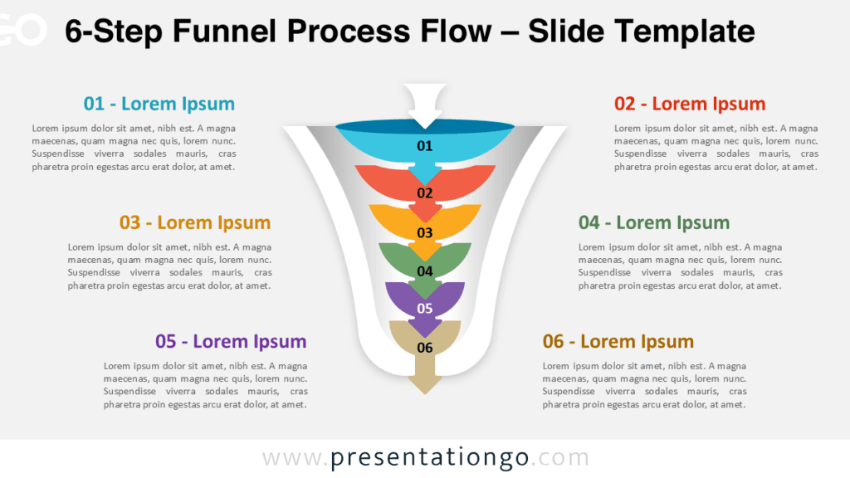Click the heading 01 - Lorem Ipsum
pyautogui.click(x=159, y=104)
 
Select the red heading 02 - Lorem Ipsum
pyautogui.click(x=690, y=104)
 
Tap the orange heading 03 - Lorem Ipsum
pyautogui.click(x=195, y=222)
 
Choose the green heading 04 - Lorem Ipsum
pyautogui.click(x=654, y=222)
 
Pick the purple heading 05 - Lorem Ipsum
pyautogui.click(x=231, y=341)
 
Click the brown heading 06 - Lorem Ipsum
pyautogui.click(x=618, y=341)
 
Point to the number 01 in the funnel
pyautogui.click(x=425, y=146)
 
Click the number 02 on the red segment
pyautogui.click(x=425, y=193)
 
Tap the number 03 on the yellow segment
pyautogui.click(x=425, y=232)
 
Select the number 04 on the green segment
pyautogui.click(x=425, y=271)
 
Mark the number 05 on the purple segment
pyautogui.click(x=425, y=309)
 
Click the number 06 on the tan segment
pyautogui.click(x=425, y=348)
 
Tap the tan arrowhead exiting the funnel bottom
pyautogui.click(x=425, y=383)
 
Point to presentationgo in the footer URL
pyautogui.click(x=430, y=458)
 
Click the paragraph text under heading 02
pyautogui.click(x=716, y=148)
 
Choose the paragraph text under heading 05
pyautogui.click(x=206, y=385)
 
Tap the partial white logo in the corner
pyautogui.click(x=21, y=30)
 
